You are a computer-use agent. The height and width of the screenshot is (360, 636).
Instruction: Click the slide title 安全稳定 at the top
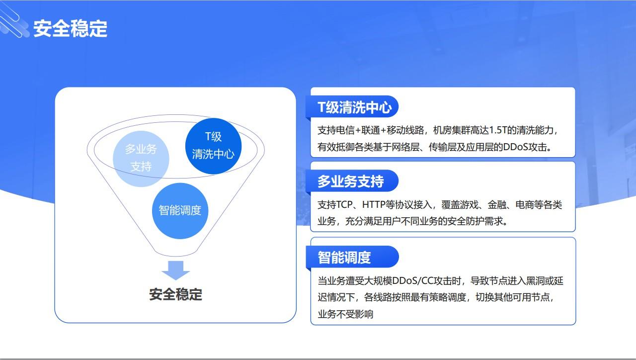(x=71, y=28)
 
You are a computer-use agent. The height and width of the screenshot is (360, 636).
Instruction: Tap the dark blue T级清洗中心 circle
(x=213, y=146)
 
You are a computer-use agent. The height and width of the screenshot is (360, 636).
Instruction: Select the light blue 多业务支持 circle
(x=141, y=159)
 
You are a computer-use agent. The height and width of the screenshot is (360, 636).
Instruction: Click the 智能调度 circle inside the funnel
(x=180, y=211)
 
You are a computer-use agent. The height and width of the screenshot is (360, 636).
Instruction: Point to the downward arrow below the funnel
(x=176, y=270)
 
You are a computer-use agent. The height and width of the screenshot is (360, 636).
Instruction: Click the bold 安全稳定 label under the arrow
(x=176, y=294)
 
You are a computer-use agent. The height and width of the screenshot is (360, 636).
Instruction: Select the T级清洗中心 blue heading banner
(x=352, y=107)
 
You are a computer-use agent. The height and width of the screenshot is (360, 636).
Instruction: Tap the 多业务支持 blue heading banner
(x=352, y=181)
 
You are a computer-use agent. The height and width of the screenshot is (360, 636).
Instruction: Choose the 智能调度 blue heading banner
(x=352, y=257)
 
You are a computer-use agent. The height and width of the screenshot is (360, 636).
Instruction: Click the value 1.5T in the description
(x=498, y=130)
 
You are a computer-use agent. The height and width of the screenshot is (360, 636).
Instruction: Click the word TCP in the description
(x=344, y=204)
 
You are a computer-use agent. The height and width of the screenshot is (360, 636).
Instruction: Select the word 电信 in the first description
(x=345, y=130)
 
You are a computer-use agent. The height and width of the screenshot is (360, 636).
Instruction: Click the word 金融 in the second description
(x=497, y=204)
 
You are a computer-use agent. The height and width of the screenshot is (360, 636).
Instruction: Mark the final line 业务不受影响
(x=345, y=314)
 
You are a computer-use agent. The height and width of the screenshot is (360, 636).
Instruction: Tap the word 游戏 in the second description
(x=469, y=204)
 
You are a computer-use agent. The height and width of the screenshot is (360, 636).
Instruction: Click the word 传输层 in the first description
(x=442, y=147)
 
